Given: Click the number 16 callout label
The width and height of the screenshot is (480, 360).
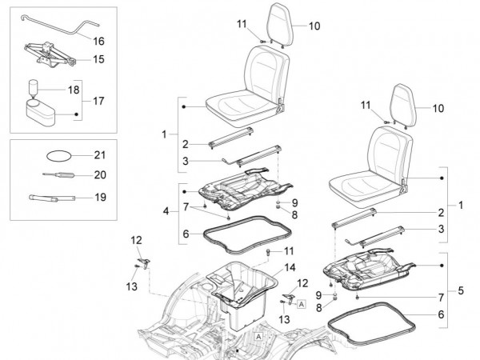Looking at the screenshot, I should tap(98, 40).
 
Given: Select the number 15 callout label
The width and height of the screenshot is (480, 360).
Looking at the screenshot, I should tap(98, 59).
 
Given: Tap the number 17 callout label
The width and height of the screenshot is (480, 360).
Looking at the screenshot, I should tap(98, 102).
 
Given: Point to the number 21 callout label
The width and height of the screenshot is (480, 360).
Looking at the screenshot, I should tap(99, 154).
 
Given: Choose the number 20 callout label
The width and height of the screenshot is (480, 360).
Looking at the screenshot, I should tap(99, 174).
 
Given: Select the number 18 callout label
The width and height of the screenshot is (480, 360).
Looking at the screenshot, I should tap(73, 90).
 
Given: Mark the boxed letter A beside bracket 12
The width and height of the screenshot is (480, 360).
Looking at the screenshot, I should tap(302, 305).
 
